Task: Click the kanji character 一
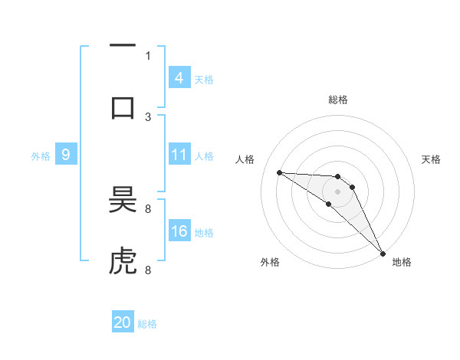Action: pos(123,46)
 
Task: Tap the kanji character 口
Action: pos(123,107)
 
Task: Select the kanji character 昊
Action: pos(123,201)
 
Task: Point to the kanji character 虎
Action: pos(123,262)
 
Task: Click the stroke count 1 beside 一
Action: pos(148,55)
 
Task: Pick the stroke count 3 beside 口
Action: pos(148,116)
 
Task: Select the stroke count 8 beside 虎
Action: pos(148,270)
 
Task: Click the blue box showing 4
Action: pos(179,78)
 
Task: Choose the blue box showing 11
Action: pos(179,155)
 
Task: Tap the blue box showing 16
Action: pos(179,231)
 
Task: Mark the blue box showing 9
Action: pos(66,155)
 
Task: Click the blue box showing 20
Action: pos(123,323)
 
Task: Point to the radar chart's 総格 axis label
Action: pos(338,100)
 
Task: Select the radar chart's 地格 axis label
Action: pos(402,262)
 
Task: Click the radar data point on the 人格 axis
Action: pos(279,172)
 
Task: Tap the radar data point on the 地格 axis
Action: pos(383,253)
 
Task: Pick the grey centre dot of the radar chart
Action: pos(337,191)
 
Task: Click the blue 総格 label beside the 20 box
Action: pos(147,324)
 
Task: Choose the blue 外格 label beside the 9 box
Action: pos(41,156)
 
